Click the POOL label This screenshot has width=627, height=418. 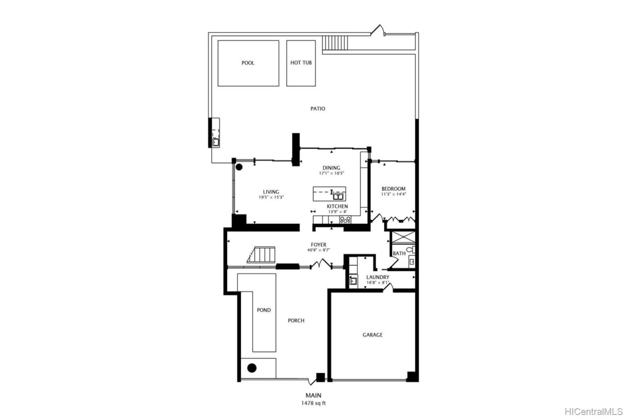248,63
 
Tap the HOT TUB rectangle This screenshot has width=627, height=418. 301,63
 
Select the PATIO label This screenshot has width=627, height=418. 317,109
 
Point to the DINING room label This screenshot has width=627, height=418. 331,168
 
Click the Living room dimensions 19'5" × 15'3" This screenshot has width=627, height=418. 271,197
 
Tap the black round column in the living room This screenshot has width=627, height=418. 239,167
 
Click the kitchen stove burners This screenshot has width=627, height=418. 345,220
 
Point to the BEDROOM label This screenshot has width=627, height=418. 393,189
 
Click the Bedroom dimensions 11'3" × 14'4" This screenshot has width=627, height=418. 393,194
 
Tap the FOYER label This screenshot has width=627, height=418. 318,245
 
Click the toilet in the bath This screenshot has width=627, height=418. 410,250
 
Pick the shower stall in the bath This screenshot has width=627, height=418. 402,237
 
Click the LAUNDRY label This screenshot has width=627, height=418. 378,277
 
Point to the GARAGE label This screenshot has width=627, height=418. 372,335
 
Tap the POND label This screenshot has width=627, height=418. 264,310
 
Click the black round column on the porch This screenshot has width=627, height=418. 252,368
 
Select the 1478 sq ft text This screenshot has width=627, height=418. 313,403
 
